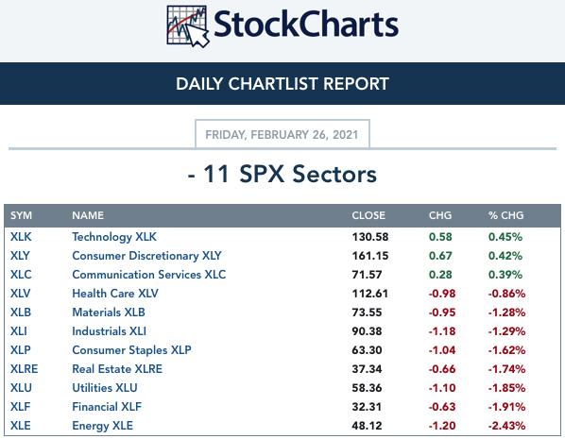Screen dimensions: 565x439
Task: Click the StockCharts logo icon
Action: click(x=188, y=26)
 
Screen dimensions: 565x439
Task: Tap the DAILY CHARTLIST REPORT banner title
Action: click(x=282, y=84)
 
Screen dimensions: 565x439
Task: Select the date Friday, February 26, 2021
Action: click(x=282, y=135)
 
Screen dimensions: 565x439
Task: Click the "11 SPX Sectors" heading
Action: click(x=290, y=175)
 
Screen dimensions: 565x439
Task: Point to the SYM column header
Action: click(x=22, y=215)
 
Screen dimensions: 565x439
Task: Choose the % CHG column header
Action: click(x=505, y=215)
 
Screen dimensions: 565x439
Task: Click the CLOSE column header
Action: click(x=368, y=215)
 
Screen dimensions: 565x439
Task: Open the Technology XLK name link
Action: click(x=114, y=237)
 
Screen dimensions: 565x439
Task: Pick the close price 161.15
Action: click(x=370, y=256)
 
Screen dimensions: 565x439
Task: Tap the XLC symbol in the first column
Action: click(x=21, y=275)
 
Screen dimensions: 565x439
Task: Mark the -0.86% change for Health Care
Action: click(x=506, y=294)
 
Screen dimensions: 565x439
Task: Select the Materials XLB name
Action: click(x=109, y=312)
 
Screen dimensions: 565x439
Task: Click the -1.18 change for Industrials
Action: click(x=442, y=331)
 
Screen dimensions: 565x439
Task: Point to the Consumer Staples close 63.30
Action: click(x=367, y=350)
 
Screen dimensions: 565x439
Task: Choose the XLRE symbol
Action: click(x=25, y=369)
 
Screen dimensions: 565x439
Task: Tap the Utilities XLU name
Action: click(x=105, y=388)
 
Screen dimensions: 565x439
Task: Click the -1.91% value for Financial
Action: click(x=506, y=407)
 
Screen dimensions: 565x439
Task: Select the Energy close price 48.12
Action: click(x=367, y=426)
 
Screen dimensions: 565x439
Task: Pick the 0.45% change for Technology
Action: click(x=505, y=237)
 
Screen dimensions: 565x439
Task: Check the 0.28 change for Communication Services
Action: click(x=440, y=275)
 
